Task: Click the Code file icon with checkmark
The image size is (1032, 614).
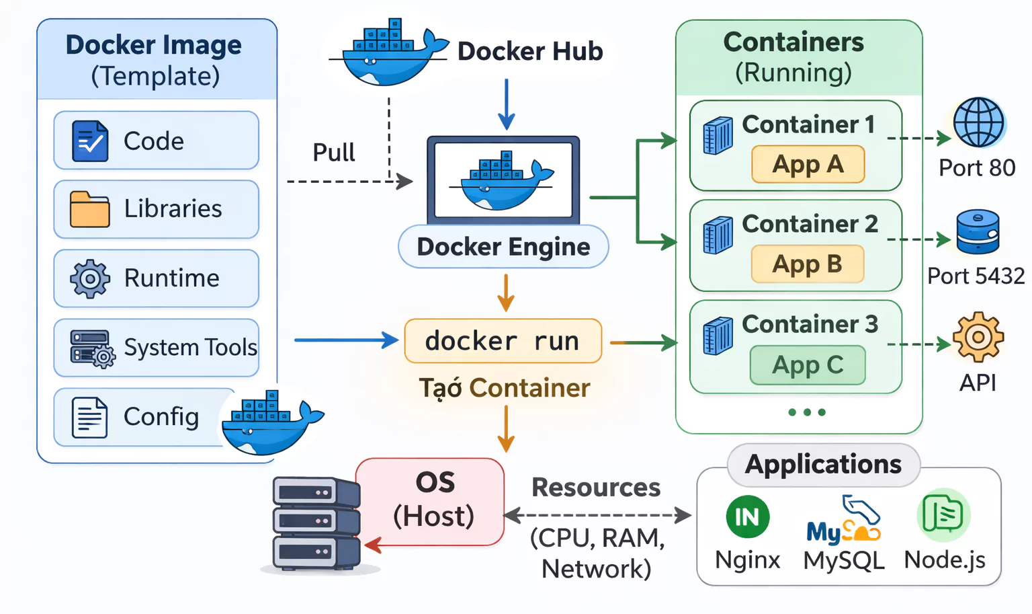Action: coord(90,141)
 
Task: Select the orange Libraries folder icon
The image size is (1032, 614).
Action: coord(89,209)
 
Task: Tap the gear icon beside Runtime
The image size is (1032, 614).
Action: coord(90,278)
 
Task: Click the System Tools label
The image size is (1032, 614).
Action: coord(190,348)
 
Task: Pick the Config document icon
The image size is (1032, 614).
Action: coord(89,418)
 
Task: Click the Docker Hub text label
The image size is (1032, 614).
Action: coord(530,51)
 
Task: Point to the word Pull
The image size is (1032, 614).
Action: coord(333,153)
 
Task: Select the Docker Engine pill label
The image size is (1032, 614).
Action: coord(503,247)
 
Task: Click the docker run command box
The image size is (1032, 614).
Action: coord(503,341)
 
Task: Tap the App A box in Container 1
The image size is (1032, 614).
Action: coord(808,164)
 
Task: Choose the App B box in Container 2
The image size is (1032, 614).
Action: coord(807,264)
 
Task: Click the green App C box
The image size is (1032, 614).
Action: coord(807,365)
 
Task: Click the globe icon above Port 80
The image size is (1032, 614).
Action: coord(978,122)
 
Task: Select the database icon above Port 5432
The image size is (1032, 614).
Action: coord(978,231)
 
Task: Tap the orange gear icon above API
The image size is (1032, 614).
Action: coord(978,337)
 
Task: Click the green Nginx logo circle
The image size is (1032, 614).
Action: coord(747,516)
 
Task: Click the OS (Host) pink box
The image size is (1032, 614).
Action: coord(433,501)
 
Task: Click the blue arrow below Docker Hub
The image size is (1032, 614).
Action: coord(506,104)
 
